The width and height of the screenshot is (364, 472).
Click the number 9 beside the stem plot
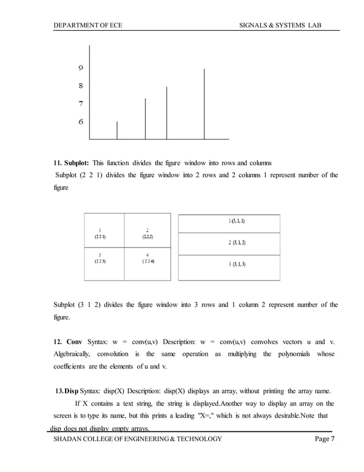pos(82,68)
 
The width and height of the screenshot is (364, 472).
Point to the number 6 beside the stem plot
pos(82,121)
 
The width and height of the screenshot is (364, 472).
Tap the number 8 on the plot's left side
pos(82,86)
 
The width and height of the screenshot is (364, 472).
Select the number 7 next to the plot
pos(82,104)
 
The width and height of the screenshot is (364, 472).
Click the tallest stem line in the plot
pos(204,103)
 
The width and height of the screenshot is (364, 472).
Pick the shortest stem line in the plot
pos(117,130)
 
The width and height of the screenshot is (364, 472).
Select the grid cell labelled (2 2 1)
pos(104,231)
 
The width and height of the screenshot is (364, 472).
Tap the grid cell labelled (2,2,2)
pos(147,231)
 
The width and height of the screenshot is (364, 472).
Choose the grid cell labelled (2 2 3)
pos(104,264)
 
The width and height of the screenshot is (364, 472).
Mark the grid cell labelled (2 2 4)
pos(147,264)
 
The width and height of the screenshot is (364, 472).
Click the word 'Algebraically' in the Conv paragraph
pos(75,354)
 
